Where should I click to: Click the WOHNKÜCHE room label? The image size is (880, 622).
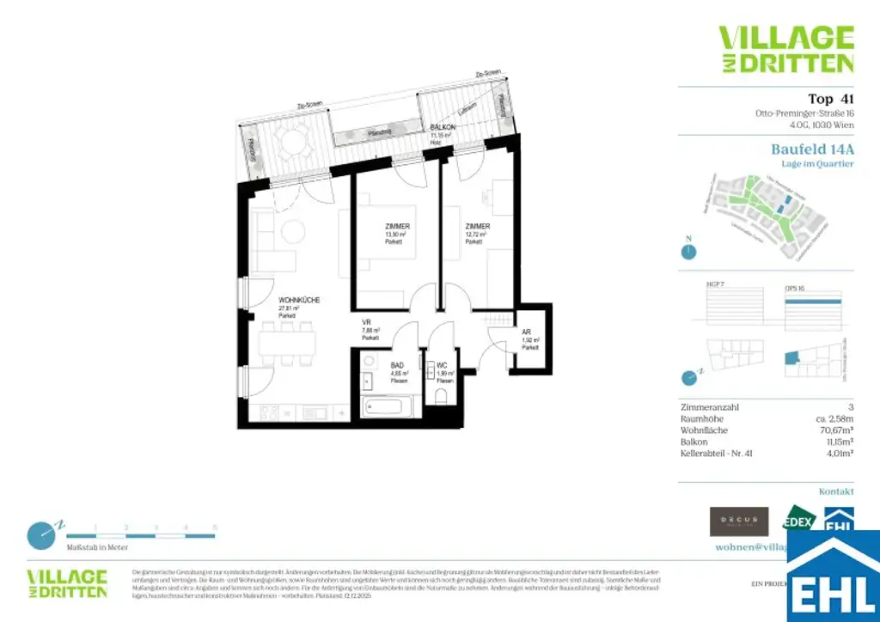click(x=299, y=300)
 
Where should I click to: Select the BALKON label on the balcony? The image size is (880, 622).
click(x=443, y=126)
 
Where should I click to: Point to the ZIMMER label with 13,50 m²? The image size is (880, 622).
click(x=397, y=227)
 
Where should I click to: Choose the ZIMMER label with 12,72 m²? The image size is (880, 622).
click(x=478, y=227)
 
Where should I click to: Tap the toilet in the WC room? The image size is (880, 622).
click(x=442, y=396)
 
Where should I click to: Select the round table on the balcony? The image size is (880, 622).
click(x=293, y=140)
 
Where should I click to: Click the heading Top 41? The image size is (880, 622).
click(x=830, y=98)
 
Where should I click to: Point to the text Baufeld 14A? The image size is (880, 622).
click(x=812, y=149)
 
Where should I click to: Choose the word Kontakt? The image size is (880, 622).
click(x=835, y=491)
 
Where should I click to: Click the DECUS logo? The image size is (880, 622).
click(x=739, y=521)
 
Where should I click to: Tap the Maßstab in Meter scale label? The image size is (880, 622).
click(x=97, y=546)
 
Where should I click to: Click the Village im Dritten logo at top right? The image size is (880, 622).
click(x=785, y=49)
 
